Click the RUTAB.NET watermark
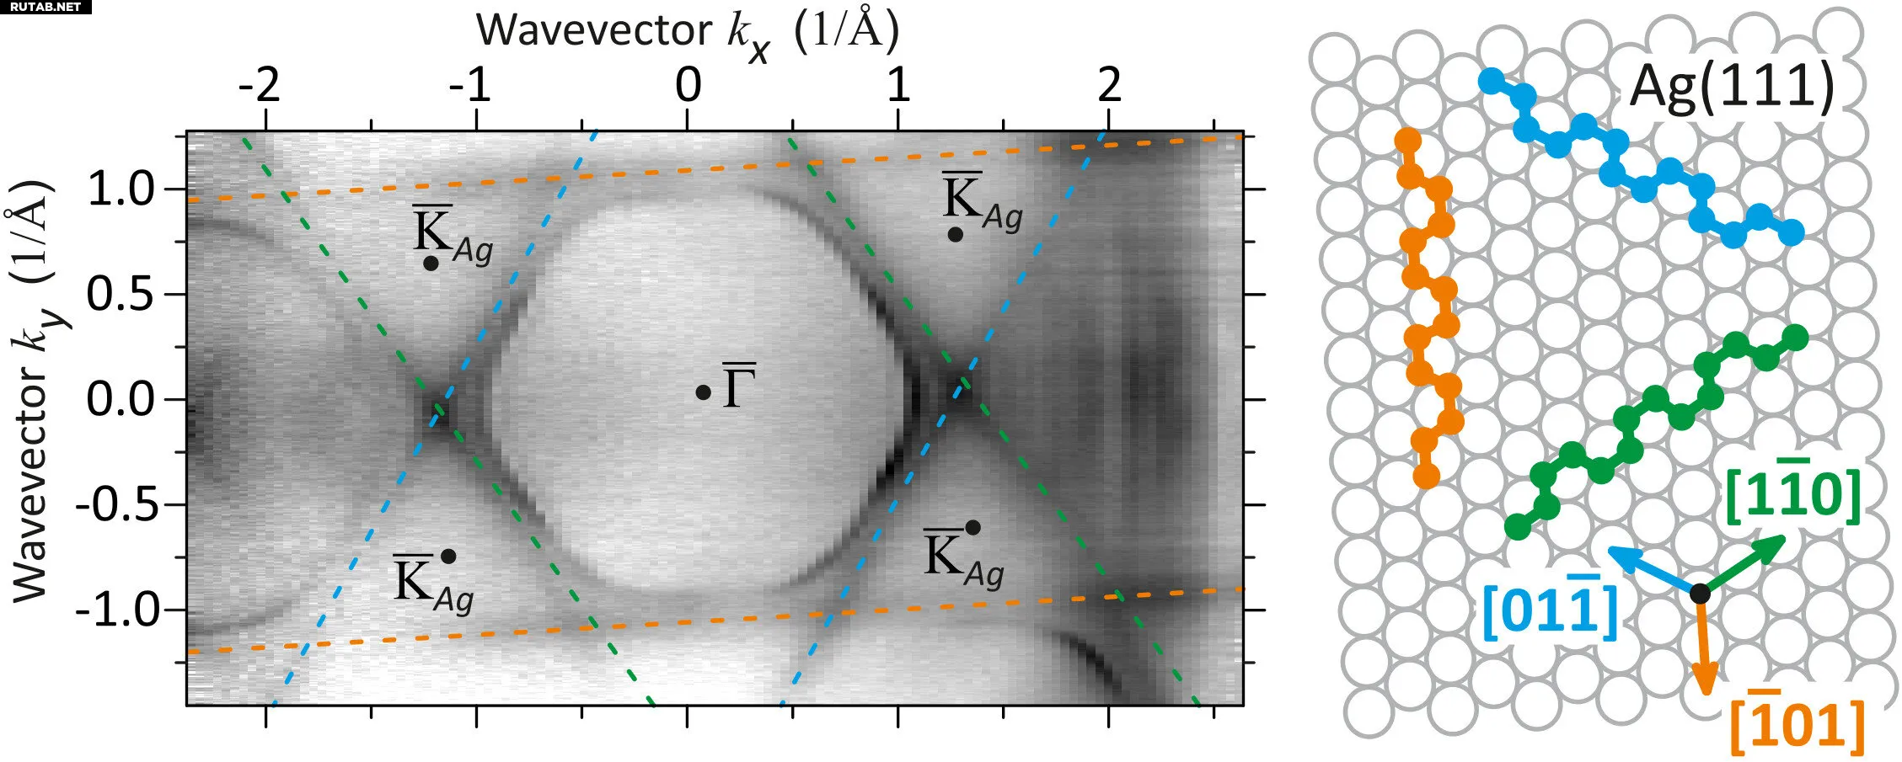46,7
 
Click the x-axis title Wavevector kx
687,32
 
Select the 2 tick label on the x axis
1110,84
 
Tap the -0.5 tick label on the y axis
118,505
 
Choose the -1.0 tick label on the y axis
118,610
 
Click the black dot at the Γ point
703,392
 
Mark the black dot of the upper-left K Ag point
431,263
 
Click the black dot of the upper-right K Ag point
955,235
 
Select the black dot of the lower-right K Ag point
972,528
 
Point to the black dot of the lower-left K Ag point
448,557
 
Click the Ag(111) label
1732,86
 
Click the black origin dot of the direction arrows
1700,593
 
